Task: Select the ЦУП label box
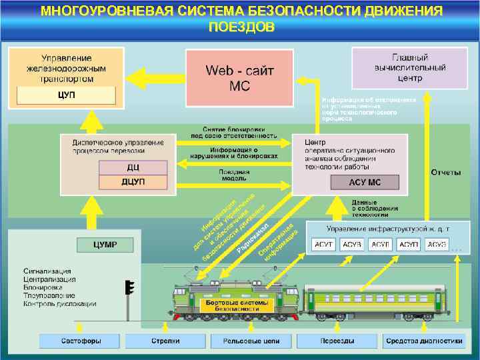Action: (x=65, y=95)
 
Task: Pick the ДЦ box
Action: (x=133, y=168)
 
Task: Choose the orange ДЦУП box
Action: (x=133, y=181)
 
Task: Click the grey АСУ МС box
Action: (x=365, y=182)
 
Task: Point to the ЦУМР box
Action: (x=105, y=245)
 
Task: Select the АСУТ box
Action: (x=325, y=245)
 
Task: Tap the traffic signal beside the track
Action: (x=129, y=289)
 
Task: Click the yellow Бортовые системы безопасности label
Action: (x=235, y=306)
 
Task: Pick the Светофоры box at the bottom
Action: (x=80, y=341)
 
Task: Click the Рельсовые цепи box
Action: (x=250, y=341)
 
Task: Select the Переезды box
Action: (x=337, y=341)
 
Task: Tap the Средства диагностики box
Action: (x=423, y=341)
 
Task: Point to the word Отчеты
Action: (x=445, y=173)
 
